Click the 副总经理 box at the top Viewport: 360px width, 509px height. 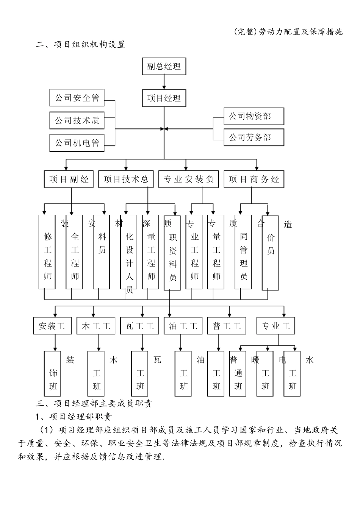click(164, 66)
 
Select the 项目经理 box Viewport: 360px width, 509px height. click(164, 98)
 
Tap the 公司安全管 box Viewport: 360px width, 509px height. click(77, 98)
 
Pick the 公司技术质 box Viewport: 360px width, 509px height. click(77, 120)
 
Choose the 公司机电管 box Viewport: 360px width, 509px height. click(77, 143)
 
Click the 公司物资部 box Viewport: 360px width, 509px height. click(254, 116)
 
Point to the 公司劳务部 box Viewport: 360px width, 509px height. click(254, 137)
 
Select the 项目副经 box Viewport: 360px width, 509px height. click(69, 179)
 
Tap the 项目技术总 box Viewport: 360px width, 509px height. click(126, 179)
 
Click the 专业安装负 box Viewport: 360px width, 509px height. click(188, 179)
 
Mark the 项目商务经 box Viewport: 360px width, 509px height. click(254, 179)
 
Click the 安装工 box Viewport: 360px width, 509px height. click(52, 326)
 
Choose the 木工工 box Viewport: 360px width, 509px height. click(96, 326)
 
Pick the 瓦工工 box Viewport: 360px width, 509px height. click(139, 326)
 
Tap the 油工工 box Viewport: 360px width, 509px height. click(183, 326)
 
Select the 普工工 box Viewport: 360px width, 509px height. click(227, 326)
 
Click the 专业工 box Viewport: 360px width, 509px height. click(275, 326)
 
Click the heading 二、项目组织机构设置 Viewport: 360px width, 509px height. click(80, 44)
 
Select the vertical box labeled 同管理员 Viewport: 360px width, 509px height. click(243, 252)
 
